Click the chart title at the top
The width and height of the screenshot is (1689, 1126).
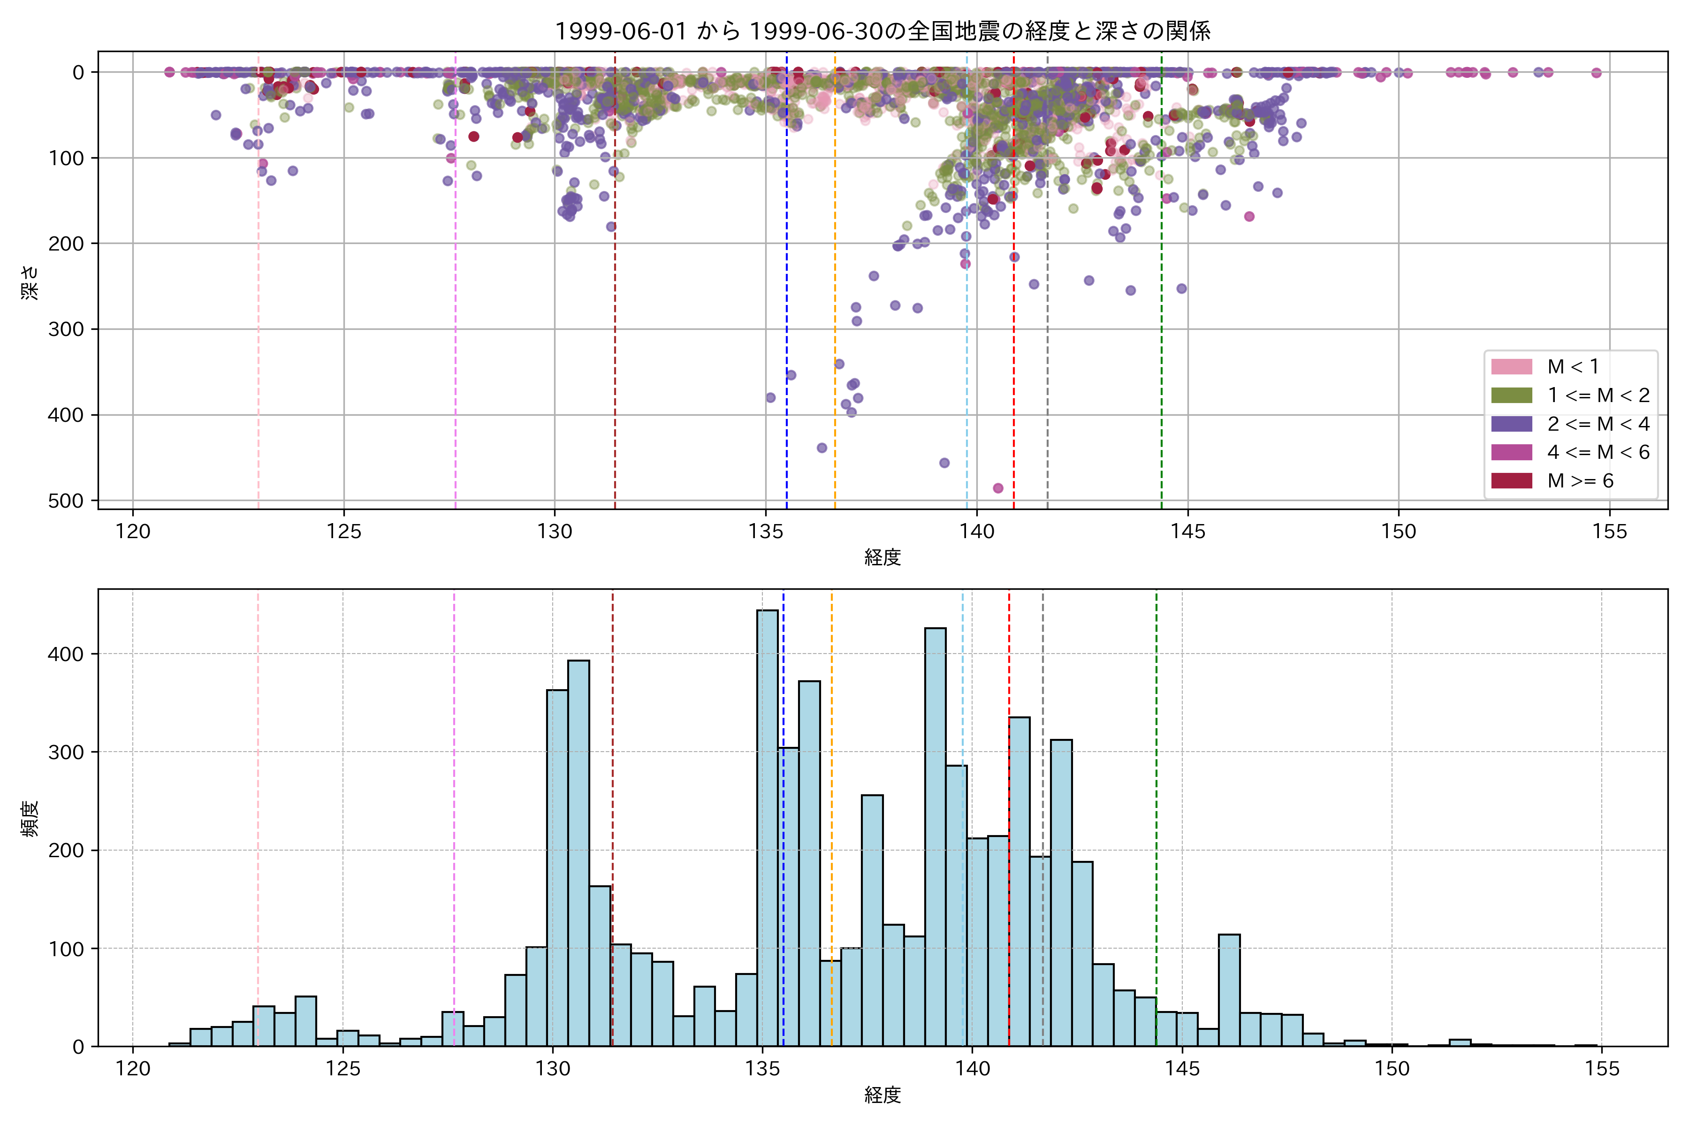click(883, 31)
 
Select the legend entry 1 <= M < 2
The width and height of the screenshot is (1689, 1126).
click(1598, 395)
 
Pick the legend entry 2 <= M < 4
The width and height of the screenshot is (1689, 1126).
click(1598, 424)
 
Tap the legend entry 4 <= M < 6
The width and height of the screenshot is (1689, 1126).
click(1598, 452)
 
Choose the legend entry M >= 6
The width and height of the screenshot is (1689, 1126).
click(1580, 480)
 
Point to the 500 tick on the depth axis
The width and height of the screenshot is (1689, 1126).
click(66, 501)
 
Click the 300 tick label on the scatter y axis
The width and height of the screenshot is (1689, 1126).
click(66, 329)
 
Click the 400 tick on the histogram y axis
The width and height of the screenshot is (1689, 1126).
click(66, 654)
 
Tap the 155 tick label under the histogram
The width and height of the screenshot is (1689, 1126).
click(1602, 1069)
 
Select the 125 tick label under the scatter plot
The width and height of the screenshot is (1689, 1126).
click(343, 532)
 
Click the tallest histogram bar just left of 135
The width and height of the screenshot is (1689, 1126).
click(767, 826)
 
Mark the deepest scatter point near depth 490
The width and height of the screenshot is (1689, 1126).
click(997, 488)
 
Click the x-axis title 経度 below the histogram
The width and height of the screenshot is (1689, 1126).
click(883, 1095)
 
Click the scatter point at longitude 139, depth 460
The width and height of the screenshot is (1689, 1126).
click(944, 463)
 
